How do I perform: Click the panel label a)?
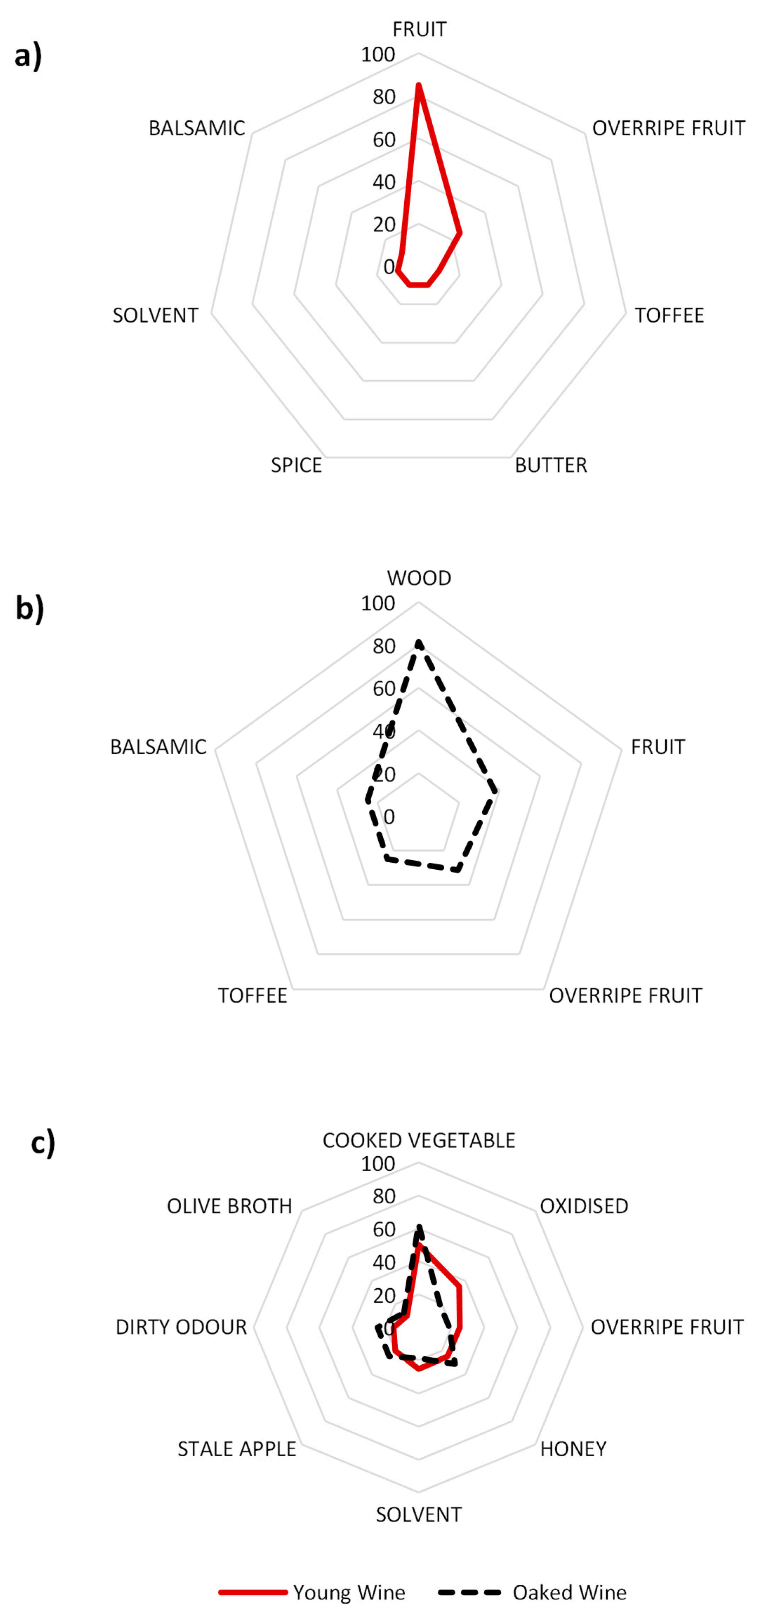28,55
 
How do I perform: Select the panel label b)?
29,608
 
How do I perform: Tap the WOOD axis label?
419,578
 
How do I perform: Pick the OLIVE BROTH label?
230,1206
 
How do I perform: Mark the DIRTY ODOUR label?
181,1326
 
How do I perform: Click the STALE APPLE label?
236,1449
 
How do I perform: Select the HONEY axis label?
573,1449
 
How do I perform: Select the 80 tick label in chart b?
384,646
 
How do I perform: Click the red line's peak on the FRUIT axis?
419,85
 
